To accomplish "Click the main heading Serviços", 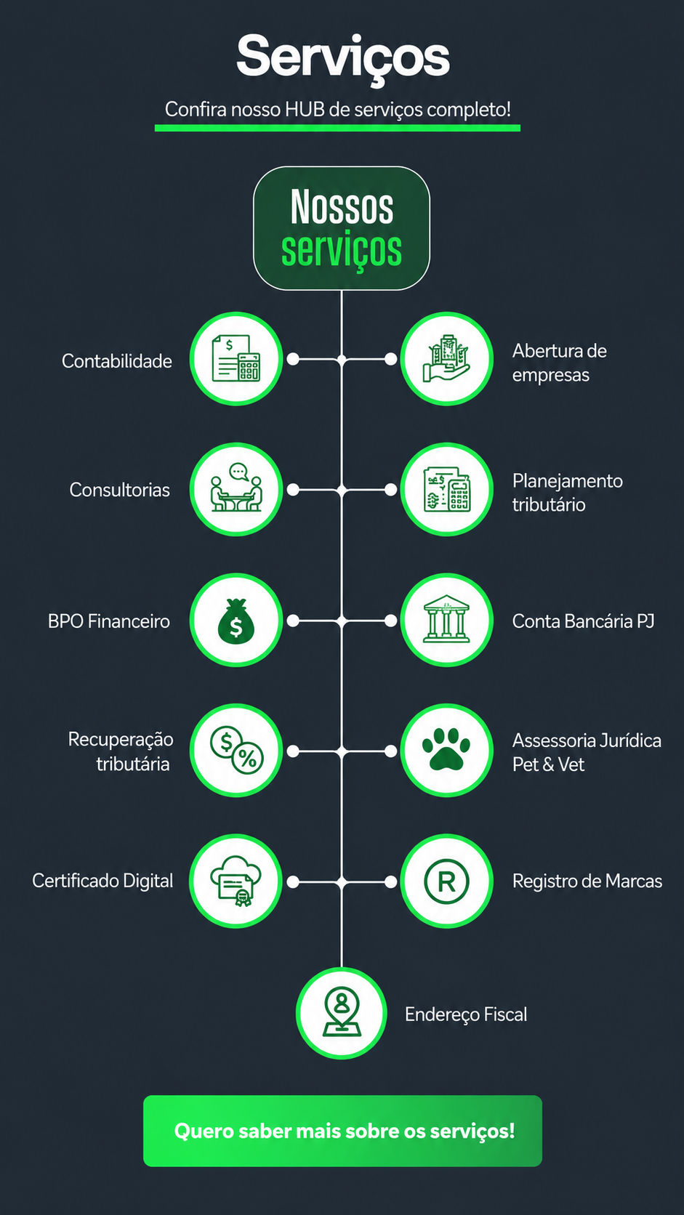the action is [343, 57].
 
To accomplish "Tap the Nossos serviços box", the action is [342, 228].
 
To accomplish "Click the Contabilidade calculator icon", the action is [236, 358].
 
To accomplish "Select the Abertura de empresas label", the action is [559, 363].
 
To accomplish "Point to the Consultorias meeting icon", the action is [236, 488].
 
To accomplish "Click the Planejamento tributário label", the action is [568, 493].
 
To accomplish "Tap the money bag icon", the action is [236, 619].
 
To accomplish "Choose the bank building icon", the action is [446, 619].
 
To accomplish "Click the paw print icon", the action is [446, 749].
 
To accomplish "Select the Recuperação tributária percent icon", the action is [236, 750].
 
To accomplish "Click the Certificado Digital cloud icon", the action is [236, 881].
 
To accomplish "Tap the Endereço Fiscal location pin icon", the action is [341, 1012].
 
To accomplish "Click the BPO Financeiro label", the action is [108, 621].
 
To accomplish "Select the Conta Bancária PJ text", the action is [583, 621].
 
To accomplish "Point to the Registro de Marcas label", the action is [587, 881].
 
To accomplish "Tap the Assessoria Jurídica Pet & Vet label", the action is [587, 752].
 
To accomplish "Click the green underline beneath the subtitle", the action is [337, 128].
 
